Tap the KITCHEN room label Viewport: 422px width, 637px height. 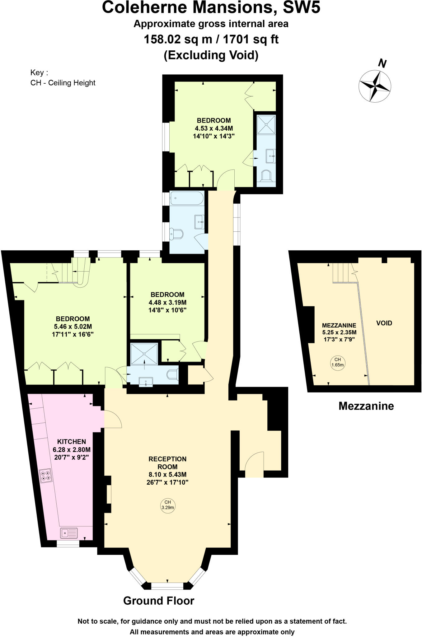pos(72,441)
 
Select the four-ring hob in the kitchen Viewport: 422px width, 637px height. pos(46,475)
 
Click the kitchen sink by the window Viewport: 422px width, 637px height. pos(69,533)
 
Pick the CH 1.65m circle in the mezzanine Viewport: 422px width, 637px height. pos(337,362)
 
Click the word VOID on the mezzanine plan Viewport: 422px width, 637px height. pos(384,323)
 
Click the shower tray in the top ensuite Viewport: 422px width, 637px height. pos(266,124)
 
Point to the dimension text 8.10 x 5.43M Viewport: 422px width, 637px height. pos(167,475)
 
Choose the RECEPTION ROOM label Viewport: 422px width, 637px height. pos(167,463)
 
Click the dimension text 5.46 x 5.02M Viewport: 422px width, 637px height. pos(73,327)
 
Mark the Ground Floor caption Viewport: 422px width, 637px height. pos(159,600)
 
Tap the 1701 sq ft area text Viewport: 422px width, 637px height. pos(251,40)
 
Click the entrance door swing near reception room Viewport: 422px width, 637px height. pos(254,463)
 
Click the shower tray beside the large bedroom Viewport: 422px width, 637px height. pos(144,354)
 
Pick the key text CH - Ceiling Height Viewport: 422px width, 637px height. pos(63,83)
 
